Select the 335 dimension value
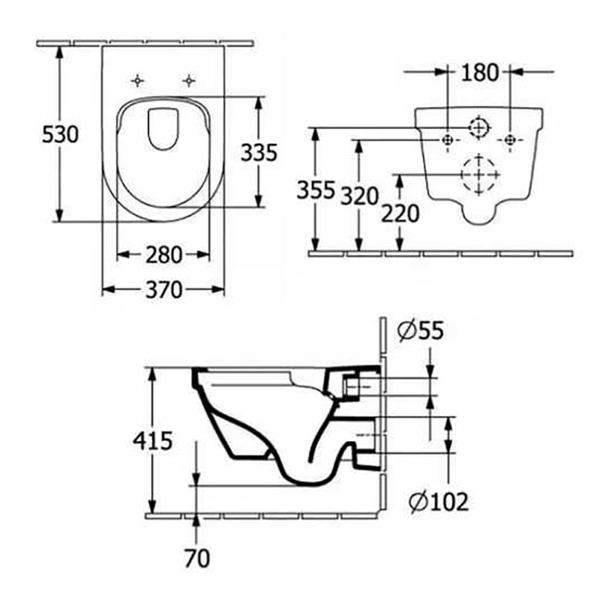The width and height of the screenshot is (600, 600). click(259, 152)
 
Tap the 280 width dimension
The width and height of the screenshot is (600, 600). click(163, 255)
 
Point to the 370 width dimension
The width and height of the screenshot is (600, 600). click(163, 289)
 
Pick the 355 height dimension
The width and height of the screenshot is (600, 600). click(315, 190)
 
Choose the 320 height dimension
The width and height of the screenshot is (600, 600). click(358, 196)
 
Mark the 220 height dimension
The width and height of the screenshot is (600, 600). click(400, 214)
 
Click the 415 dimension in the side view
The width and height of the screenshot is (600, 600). click(154, 440)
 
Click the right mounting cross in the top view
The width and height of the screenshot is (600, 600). click(189, 79)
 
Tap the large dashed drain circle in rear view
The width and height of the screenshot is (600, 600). click(478, 174)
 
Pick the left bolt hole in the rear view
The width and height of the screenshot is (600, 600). click(447, 139)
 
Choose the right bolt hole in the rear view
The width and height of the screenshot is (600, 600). click(510, 139)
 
